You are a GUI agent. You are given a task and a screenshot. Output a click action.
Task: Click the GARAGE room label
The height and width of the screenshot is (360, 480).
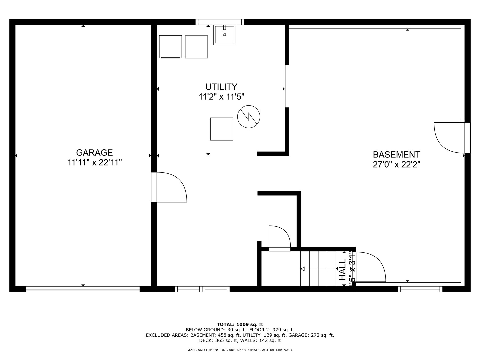94,153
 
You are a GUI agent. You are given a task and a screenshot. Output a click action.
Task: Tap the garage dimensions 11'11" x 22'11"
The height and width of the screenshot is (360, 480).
94,163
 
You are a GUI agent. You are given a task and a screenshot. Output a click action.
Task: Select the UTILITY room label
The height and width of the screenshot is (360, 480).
221,87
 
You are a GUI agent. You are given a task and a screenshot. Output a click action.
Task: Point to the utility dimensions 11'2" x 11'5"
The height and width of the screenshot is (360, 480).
221,97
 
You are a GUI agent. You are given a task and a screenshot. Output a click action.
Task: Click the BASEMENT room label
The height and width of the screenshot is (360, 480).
396,155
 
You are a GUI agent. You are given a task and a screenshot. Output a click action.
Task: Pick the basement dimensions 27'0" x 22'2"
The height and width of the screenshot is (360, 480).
396,165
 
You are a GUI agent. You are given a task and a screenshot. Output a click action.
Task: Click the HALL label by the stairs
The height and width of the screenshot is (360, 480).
343,270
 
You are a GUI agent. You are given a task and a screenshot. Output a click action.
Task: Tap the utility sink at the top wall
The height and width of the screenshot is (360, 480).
224,35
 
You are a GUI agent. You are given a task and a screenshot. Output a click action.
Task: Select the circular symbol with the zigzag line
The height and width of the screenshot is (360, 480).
249,117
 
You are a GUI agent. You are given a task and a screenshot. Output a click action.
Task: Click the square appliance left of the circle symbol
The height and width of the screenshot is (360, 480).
221,129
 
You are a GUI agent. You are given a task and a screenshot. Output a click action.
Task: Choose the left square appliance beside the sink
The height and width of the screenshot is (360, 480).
170,47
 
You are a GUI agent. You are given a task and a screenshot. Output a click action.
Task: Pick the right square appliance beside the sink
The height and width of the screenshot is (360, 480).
196,47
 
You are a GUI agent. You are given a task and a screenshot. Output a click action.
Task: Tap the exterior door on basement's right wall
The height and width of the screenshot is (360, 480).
450,137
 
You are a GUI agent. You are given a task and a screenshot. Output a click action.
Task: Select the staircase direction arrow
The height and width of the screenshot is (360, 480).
318,269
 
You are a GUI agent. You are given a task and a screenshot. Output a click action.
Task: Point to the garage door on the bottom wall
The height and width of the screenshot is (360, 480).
83,289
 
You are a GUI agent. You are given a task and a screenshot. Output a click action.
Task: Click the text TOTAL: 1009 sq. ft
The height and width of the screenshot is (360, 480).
240,324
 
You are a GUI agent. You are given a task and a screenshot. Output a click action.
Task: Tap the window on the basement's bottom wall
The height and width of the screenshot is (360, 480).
420,289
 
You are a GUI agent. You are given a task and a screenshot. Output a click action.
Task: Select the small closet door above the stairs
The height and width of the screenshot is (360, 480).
279,238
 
